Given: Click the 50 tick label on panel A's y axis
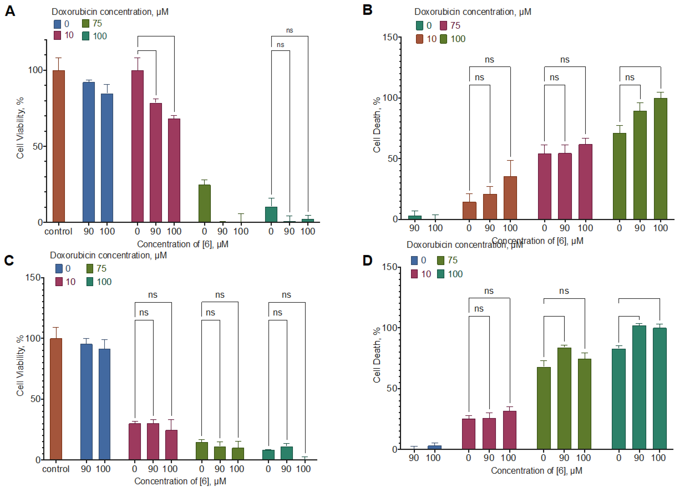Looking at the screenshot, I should pos(37,147).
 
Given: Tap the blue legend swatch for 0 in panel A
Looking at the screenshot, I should pos(57,24).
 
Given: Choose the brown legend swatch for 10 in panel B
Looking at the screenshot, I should pos(420,39).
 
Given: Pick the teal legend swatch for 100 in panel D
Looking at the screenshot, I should pos(441,274).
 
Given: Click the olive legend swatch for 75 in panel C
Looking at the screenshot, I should pos(90,269).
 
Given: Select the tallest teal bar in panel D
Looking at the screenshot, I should pos(639,387).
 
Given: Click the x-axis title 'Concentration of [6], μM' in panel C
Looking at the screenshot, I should pos(180,481).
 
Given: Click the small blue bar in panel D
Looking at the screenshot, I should pos(434,447).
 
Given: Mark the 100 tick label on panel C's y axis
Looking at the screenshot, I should pos(33,338).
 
